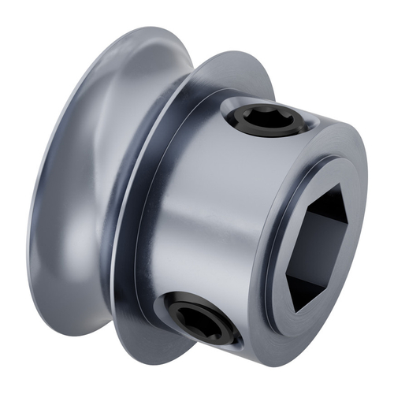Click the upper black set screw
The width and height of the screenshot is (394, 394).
pos(267,121)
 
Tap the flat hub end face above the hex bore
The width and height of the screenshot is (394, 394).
pos(331,169)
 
